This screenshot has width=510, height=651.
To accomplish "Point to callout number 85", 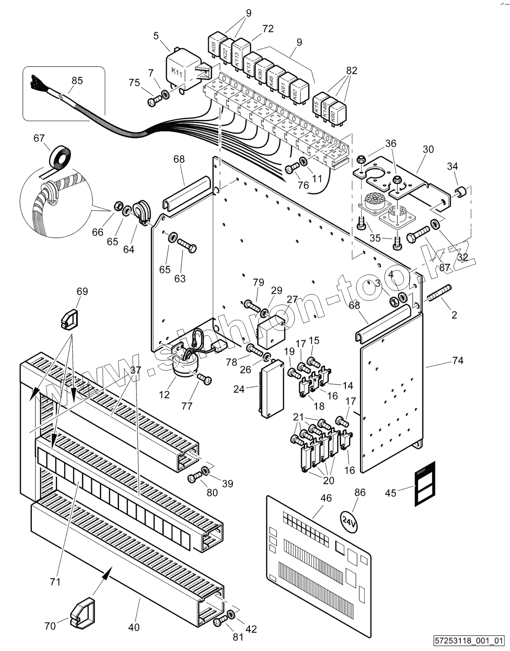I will [x=77, y=80].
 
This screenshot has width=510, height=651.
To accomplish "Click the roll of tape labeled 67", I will [x=60, y=158].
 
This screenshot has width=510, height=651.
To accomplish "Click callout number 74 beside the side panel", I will [x=457, y=361].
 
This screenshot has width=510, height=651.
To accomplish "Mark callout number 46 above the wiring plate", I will [x=326, y=498].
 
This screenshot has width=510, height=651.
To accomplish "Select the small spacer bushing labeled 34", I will [x=462, y=193].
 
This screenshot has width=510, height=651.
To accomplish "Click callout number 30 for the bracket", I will [x=428, y=149].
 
